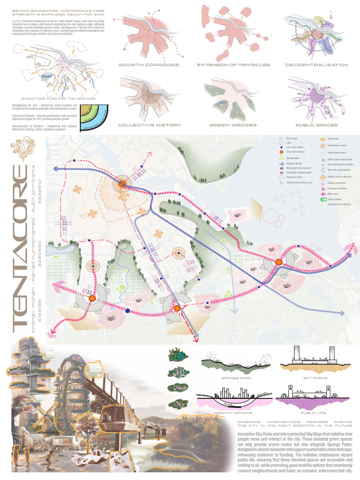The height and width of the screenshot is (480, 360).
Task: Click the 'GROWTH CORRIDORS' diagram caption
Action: [x=148, y=65]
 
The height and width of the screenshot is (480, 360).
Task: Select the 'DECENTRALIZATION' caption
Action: [x=316, y=65]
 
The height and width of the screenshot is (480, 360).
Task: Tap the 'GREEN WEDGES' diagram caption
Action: [x=233, y=125]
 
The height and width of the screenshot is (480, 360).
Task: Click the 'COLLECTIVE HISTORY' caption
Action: [x=148, y=125]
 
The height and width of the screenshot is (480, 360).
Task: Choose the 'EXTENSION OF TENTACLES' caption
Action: [x=233, y=65]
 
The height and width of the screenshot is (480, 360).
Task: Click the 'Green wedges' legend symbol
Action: [x=323, y=200]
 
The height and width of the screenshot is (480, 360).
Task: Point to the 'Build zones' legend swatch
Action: [x=323, y=139]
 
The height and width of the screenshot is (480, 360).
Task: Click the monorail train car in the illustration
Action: [x=117, y=415]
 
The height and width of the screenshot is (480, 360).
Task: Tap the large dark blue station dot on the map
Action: [x=127, y=310]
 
